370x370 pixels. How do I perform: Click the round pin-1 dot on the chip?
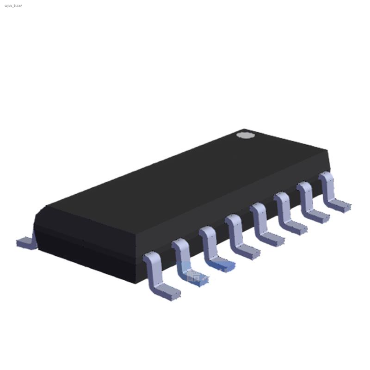click(245, 135)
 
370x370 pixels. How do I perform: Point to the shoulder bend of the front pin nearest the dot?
click(326, 178)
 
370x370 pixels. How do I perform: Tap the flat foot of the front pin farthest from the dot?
click(166, 292)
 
